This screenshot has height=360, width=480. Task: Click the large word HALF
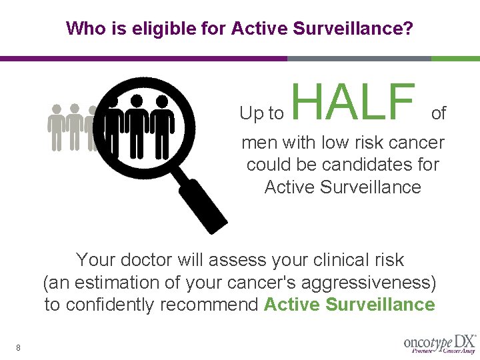pos(353,102)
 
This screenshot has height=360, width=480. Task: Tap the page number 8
pos(18,347)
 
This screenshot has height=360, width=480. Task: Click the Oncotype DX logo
pos(439,343)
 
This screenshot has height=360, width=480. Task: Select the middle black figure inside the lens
pos(137,123)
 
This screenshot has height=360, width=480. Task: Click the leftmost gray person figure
pos(57,126)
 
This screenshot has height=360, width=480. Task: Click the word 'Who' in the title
pos(83,29)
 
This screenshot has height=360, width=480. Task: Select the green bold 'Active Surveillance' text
pos(349,305)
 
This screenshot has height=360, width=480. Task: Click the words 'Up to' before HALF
pos(261,114)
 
